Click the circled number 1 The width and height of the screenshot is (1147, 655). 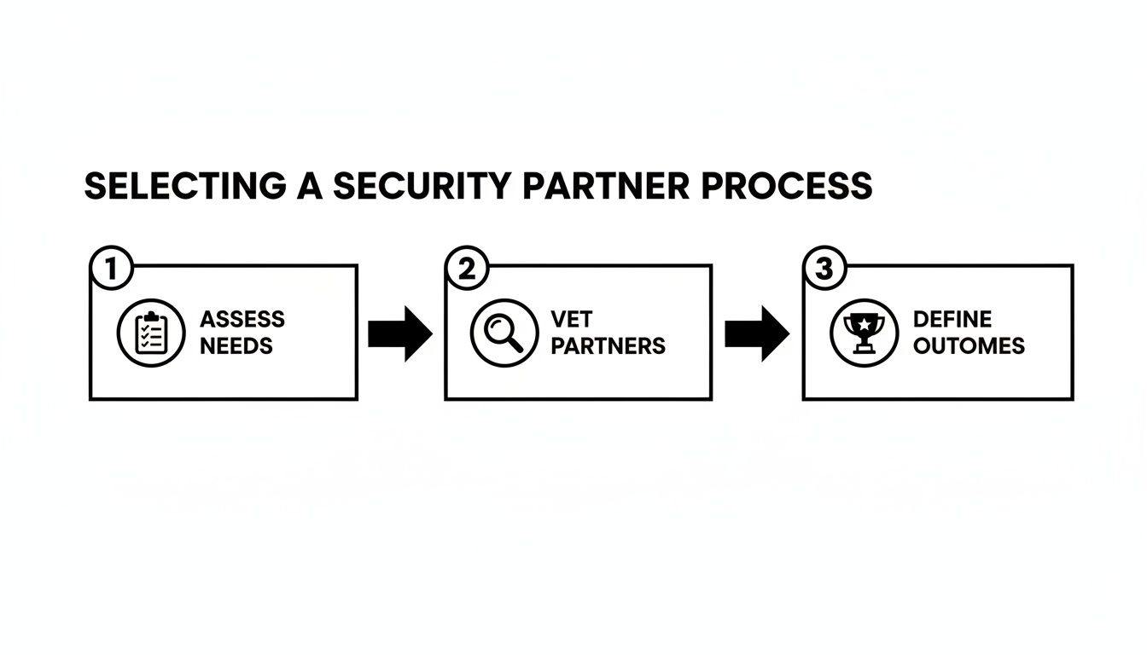110,269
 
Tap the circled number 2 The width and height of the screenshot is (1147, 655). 466,269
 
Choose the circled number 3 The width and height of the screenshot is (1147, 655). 824,269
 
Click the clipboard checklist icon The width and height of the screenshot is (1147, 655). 149,333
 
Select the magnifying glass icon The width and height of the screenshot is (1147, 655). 504,333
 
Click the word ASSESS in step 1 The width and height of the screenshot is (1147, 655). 242,320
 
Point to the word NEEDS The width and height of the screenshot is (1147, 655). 236,346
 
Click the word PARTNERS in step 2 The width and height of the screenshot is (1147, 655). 608,346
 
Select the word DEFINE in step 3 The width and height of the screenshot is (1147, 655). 952,320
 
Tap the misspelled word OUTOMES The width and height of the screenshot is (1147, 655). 968,346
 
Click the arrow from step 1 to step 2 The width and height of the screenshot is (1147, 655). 400,334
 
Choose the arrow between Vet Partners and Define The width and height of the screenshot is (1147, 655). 757,334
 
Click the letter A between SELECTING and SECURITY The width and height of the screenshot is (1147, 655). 310,187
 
